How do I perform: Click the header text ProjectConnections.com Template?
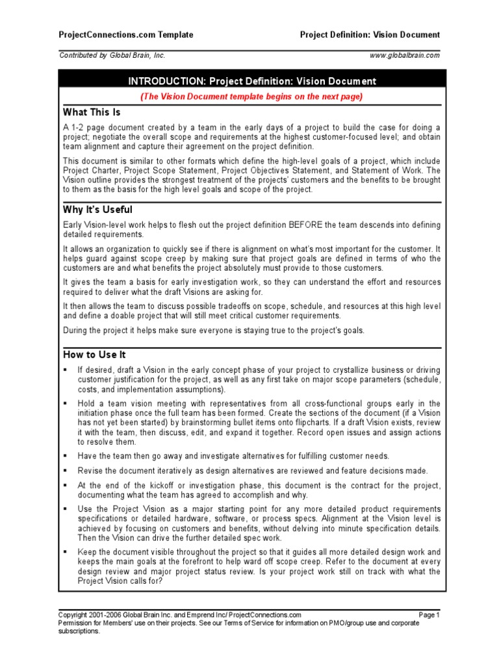point(126,34)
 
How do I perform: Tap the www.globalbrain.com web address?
point(404,56)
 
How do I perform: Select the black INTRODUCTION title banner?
point(252,81)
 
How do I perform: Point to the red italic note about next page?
point(252,97)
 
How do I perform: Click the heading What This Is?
point(92,112)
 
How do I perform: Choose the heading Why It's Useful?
point(97,210)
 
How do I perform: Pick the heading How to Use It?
point(94,355)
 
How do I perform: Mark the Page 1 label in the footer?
point(429,614)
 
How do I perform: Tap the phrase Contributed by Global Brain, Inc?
point(112,56)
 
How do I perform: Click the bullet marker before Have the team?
point(66,456)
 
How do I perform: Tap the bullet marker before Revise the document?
point(66,470)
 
